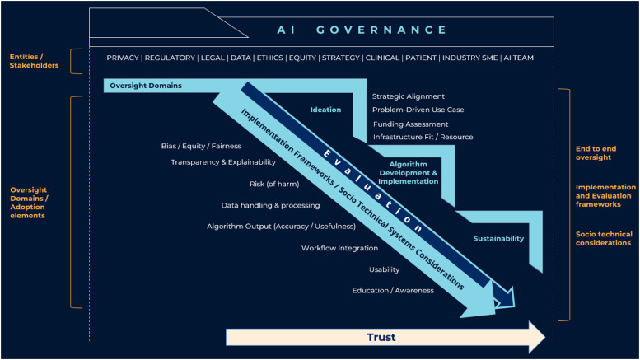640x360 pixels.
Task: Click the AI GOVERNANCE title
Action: (362, 30)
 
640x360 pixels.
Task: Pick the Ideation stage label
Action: (325, 109)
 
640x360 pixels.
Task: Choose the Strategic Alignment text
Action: (408, 96)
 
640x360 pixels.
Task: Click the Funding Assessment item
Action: (410, 124)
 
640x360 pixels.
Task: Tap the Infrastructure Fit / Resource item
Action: (423, 137)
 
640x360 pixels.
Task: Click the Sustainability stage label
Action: (498, 238)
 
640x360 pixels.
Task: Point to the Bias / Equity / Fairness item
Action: (201, 146)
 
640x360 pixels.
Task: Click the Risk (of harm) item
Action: (274, 184)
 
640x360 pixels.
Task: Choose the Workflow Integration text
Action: (339, 248)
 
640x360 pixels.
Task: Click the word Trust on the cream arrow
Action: (381, 337)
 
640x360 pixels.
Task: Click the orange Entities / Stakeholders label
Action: (34, 61)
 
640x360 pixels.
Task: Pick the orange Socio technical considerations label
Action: (605, 238)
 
